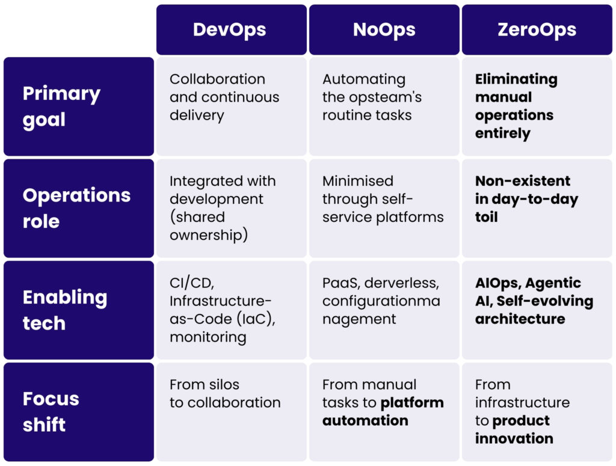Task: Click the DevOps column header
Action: (232, 30)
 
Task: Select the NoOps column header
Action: (384, 30)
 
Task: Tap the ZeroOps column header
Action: (537, 30)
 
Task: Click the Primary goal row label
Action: (78, 106)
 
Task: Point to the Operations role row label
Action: (78, 208)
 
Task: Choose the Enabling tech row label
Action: (78, 310)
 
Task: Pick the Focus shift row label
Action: (78, 411)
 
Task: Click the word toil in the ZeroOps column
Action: (486, 217)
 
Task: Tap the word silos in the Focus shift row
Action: (222, 384)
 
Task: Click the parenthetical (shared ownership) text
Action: (208, 226)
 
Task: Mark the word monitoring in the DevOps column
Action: (208, 337)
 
